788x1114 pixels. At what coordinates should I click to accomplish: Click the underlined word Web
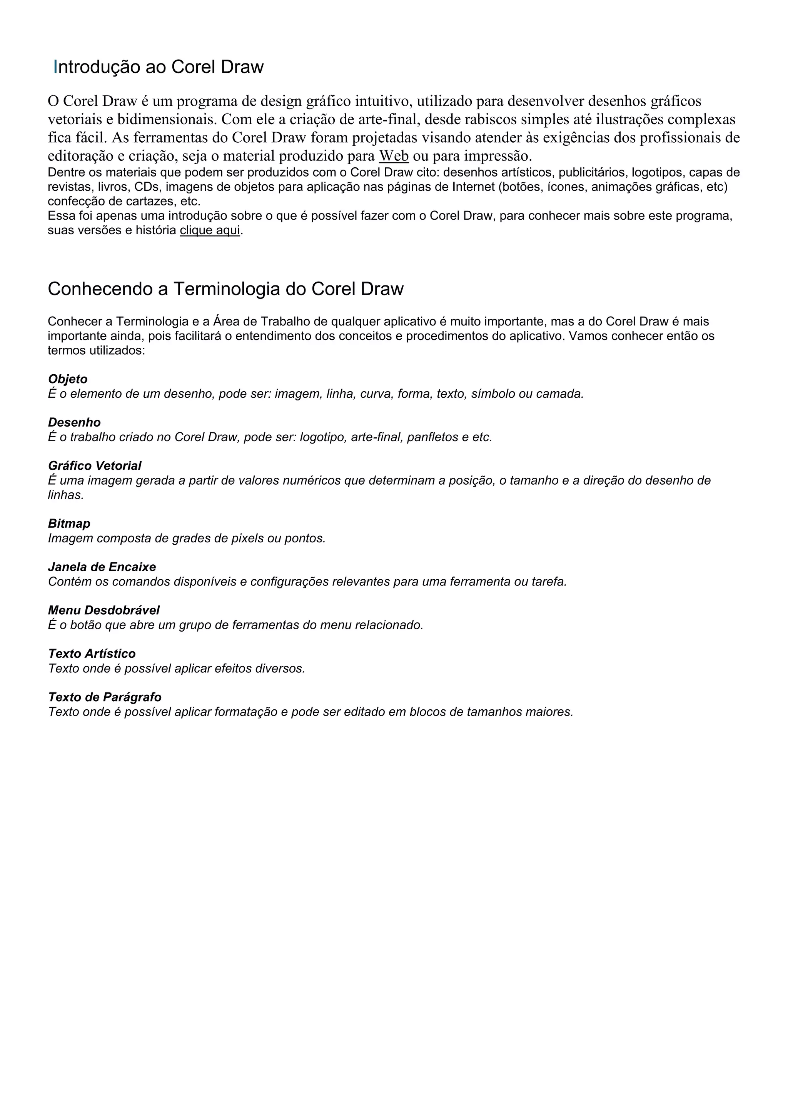pyautogui.click(x=394, y=156)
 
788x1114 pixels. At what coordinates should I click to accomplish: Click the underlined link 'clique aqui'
pyautogui.click(x=210, y=230)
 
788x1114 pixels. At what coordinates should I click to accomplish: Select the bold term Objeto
pyautogui.click(x=67, y=379)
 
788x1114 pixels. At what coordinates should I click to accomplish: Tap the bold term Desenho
pyautogui.click(x=74, y=423)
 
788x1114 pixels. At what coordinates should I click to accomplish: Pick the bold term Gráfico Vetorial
pyautogui.click(x=95, y=466)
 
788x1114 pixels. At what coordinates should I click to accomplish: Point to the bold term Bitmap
pyautogui.click(x=69, y=524)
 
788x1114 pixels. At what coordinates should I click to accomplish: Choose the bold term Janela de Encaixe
pyautogui.click(x=102, y=567)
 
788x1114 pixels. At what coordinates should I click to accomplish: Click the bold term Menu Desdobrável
pyautogui.click(x=104, y=610)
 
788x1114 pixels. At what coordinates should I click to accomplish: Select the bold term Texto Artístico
pyautogui.click(x=92, y=654)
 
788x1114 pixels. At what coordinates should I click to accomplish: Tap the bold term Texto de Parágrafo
pyautogui.click(x=105, y=697)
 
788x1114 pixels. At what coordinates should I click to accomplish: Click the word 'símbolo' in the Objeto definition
pyautogui.click(x=491, y=394)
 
